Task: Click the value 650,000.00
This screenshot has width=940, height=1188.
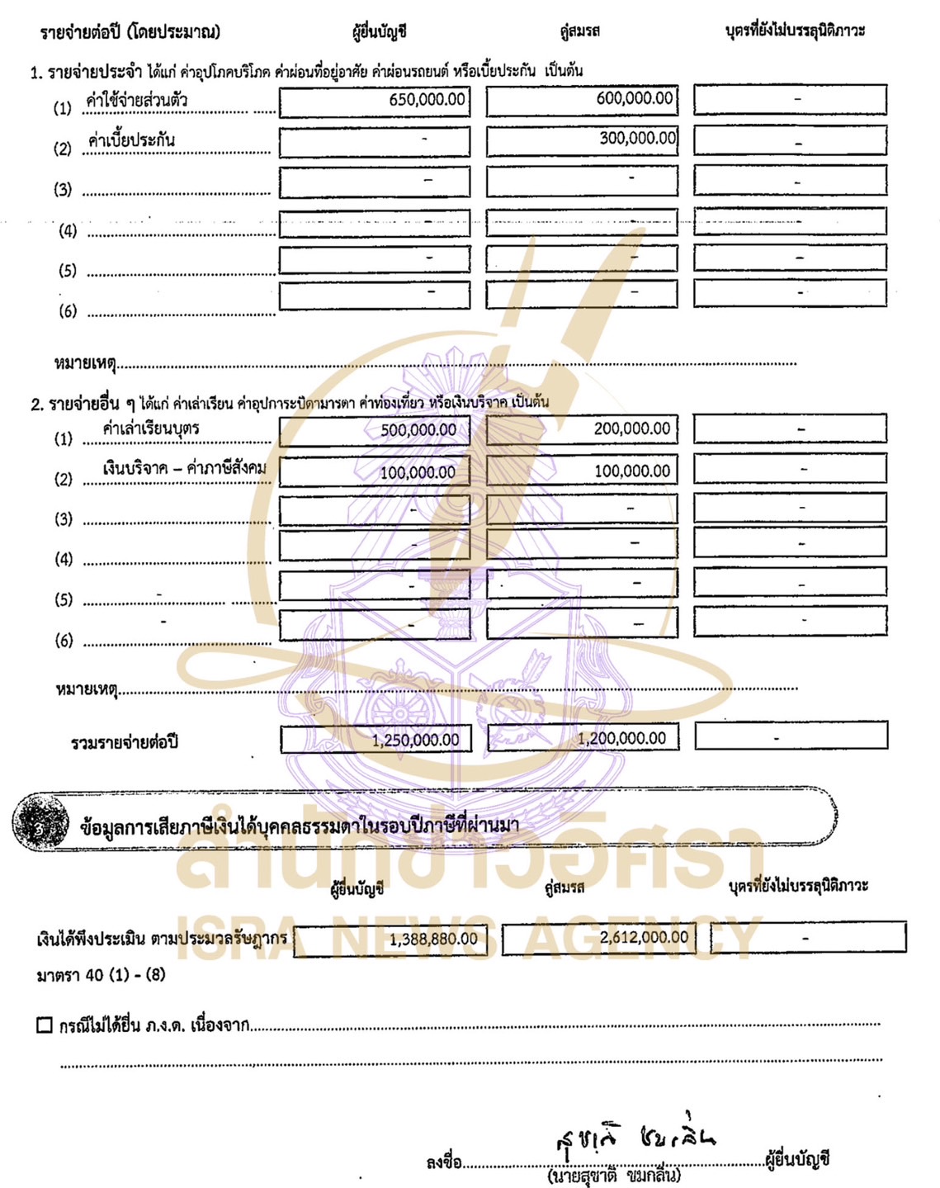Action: [x=427, y=100]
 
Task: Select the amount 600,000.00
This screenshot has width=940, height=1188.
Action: [x=634, y=98]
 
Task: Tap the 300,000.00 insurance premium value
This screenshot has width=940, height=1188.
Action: [x=637, y=138]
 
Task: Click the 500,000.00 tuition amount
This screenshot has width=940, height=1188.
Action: [x=418, y=430]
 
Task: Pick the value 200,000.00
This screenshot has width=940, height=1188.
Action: [x=631, y=428]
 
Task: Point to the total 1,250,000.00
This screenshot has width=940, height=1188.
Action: [x=415, y=740]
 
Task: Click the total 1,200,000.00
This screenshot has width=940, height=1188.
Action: [x=621, y=738]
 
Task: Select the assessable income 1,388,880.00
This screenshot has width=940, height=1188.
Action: [x=433, y=939]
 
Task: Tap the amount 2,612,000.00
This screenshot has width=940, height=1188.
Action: [x=644, y=937]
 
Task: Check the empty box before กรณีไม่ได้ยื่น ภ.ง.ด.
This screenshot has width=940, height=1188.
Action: [x=45, y=1025]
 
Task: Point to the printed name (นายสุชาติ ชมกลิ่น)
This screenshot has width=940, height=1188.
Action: [x=614, y=1176]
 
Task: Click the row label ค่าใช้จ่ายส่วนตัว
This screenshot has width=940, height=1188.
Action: [x=137, y=101]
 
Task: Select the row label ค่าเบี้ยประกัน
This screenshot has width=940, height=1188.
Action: [x=132, y=140]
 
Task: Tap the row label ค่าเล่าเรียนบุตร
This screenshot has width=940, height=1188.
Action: [x=150, y=428]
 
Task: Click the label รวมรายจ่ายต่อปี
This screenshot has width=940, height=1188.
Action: [x=124, y=742]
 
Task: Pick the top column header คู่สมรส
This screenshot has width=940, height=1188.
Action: [x=579, y=31]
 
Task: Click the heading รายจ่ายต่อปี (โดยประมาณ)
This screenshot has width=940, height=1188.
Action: [x=130, y=32]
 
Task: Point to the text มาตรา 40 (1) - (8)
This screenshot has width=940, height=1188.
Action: [x=101, y=975]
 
